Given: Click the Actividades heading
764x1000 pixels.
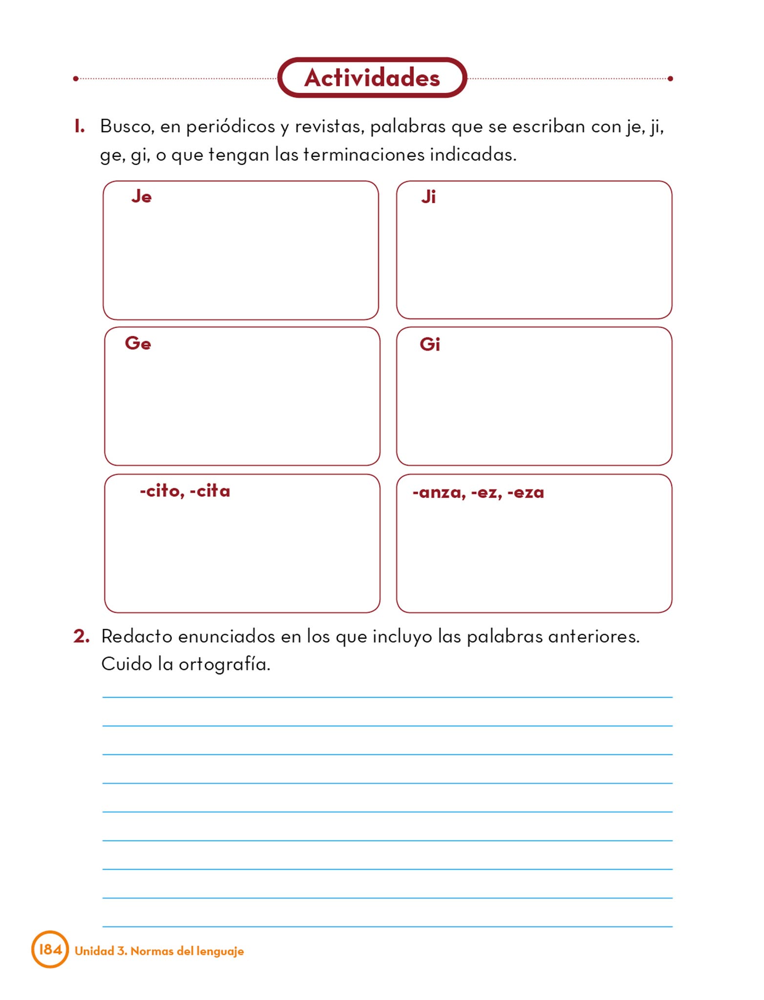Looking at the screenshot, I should point(372,78).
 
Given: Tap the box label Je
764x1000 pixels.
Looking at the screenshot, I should point(141,196).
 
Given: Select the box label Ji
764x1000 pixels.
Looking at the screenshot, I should point(428,197).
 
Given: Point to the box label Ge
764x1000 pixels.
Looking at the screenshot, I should point(138,343).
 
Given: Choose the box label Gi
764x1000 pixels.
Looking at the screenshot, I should point(429,344).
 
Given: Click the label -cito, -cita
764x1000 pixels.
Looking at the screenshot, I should point(185,491).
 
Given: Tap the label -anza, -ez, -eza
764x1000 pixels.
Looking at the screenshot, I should point(478,492).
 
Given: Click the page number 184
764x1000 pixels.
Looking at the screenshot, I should point(50,949).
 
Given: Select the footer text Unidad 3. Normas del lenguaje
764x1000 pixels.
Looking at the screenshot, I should point(159,951).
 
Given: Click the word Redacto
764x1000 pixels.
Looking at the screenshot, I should point(136,636).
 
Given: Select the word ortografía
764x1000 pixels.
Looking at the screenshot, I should point(224,665).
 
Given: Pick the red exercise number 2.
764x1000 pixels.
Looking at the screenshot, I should point(81,636).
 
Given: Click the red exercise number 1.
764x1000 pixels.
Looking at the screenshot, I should point(79,126).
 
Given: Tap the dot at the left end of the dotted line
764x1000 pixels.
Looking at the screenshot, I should point(76,79).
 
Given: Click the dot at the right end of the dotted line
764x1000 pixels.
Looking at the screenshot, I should point(670,79).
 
